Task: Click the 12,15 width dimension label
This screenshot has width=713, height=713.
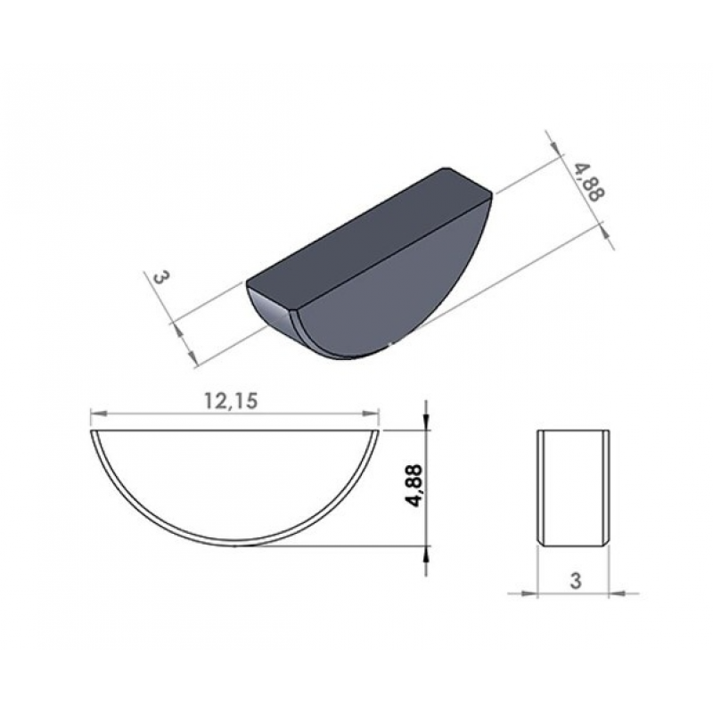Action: pyautogui.click(x=231, y=401)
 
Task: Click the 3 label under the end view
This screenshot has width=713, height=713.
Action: pyautogui.click(x=576, y=581)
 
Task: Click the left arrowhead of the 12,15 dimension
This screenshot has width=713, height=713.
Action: pyautogui.click(x=99, y=414)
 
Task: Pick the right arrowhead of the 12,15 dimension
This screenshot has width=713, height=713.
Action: pyautogui.click(x=370, y=414)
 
